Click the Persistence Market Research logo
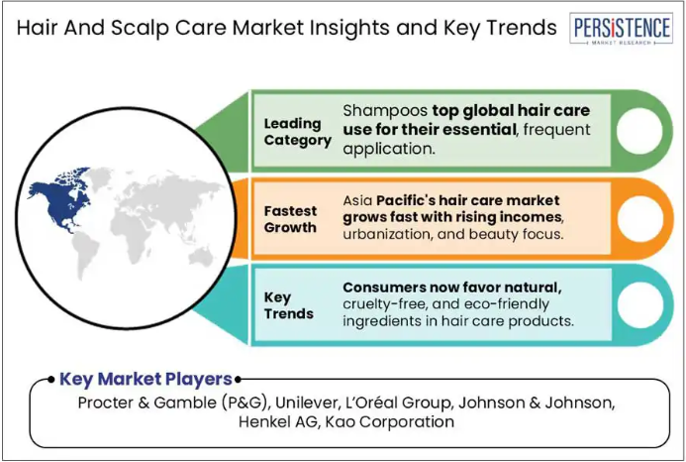[621, 29]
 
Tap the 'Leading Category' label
[298, 132]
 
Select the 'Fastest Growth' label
[290, 219]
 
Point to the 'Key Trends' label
[288, 305]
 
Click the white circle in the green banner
[639, 131]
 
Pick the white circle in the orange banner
[639, 219]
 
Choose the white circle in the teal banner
[639, 305]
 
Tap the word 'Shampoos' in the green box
[385, 110]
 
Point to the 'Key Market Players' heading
[146, 379]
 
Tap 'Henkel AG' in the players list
[278, 421]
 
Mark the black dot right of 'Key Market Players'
[238, 380]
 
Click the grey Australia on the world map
[201, 257]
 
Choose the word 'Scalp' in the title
[140, 28]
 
